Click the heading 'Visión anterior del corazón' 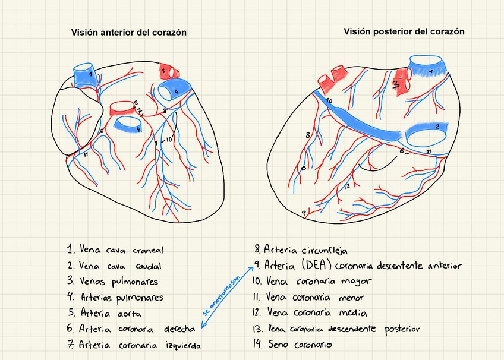click(x=129, y=33)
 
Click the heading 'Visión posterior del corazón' click(x=404, y=31)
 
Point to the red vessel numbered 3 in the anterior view click(x=166, y=71)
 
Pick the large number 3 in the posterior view click(x=396, y=85)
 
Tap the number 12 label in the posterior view click(x=347, y=185)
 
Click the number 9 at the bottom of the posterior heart click(x=304, y=212)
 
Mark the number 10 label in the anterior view click(x=168, y=140)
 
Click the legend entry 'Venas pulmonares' click(x=113, y=281)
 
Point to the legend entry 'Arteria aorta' click(x=105, y=312)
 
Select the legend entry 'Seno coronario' click(x=294, y=344)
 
